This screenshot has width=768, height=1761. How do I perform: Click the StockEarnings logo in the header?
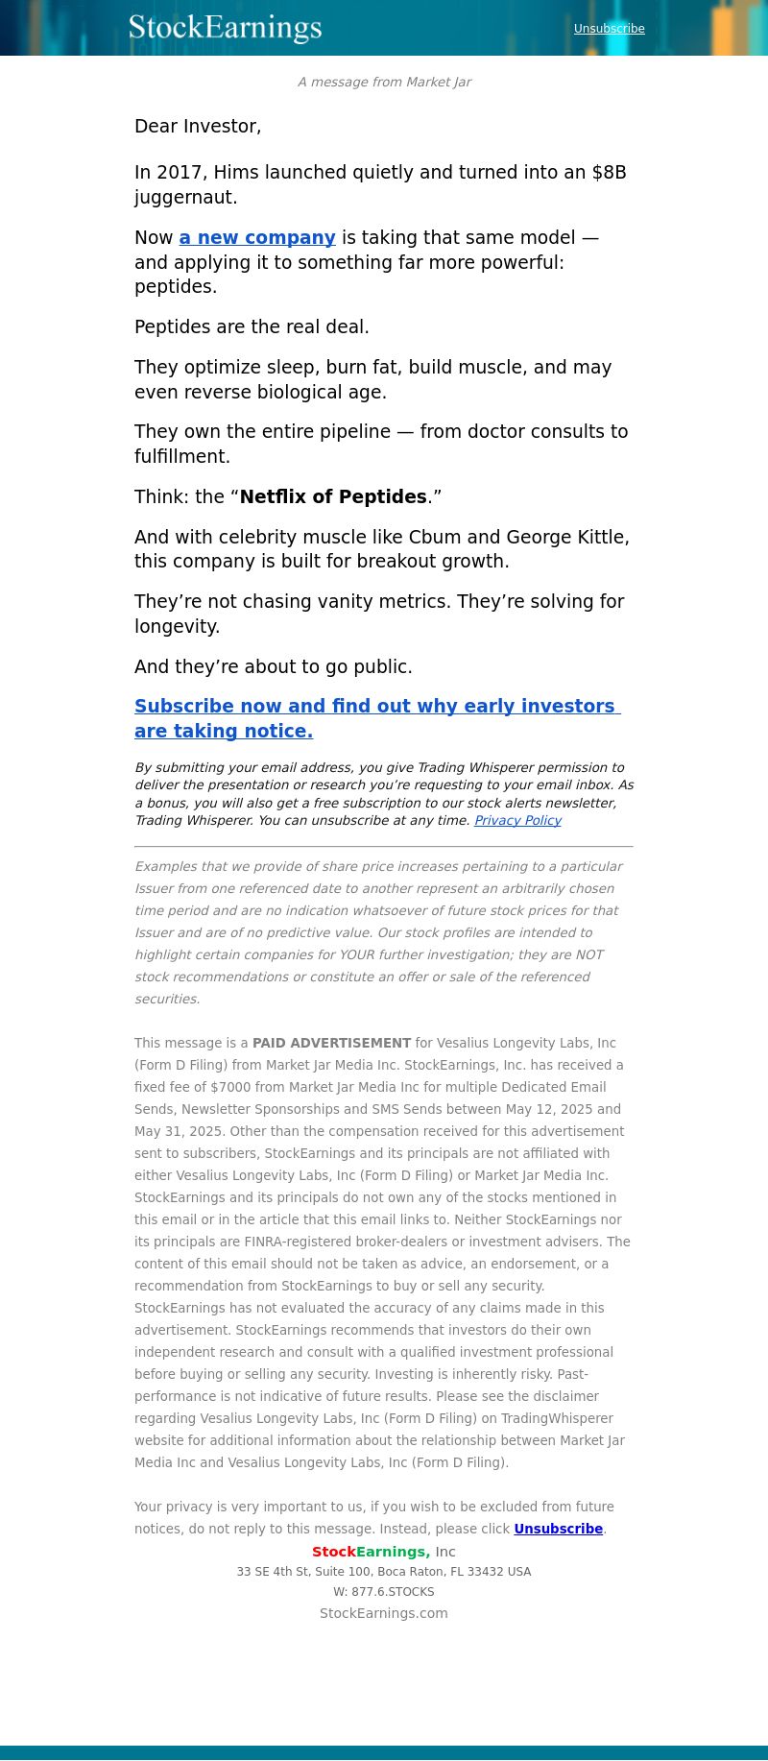(225, 28)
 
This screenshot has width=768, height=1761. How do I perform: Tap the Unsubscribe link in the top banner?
(609, 29)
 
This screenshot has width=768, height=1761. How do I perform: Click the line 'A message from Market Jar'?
(384, 82)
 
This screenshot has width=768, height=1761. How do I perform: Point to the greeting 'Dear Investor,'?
(198, 126)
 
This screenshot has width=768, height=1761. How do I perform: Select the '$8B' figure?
(609, 173)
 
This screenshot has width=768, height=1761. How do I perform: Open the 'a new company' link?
(257, 238)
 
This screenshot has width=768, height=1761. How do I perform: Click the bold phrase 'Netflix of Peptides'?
(333, 497)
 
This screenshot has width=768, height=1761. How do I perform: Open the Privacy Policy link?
(517, 821)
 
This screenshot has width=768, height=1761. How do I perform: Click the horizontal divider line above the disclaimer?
(384, 846)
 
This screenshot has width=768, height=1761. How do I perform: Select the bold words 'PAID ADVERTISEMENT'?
(331, 1043)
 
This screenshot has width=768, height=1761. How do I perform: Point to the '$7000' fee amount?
(228, 1087)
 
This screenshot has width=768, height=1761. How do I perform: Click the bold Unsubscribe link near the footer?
(558, 1529)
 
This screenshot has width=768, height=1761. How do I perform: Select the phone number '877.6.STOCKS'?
(393, 1592)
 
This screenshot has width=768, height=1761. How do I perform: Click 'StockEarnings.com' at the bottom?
(384, 1613)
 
